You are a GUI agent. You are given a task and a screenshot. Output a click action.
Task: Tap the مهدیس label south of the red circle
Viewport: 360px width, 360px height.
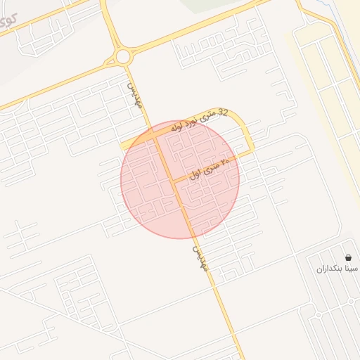pyautogui.click(x=201, y=258)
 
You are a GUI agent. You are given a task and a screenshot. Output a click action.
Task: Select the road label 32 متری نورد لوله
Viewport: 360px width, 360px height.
pyautogui.click(x=196, y=121)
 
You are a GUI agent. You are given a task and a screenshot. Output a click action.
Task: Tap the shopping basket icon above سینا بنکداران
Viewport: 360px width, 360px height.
pyautogui.click(x=349, y=258)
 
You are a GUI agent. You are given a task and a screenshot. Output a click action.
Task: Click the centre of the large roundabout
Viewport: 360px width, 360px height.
pyautogui.click(x=124, y=56)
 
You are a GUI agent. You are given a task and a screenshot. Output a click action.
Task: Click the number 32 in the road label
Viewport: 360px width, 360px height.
pyautogui.click(x=224, y=112)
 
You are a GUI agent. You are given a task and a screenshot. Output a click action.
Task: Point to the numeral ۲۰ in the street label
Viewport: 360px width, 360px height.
pyautogui.click(x=226, y=162)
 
